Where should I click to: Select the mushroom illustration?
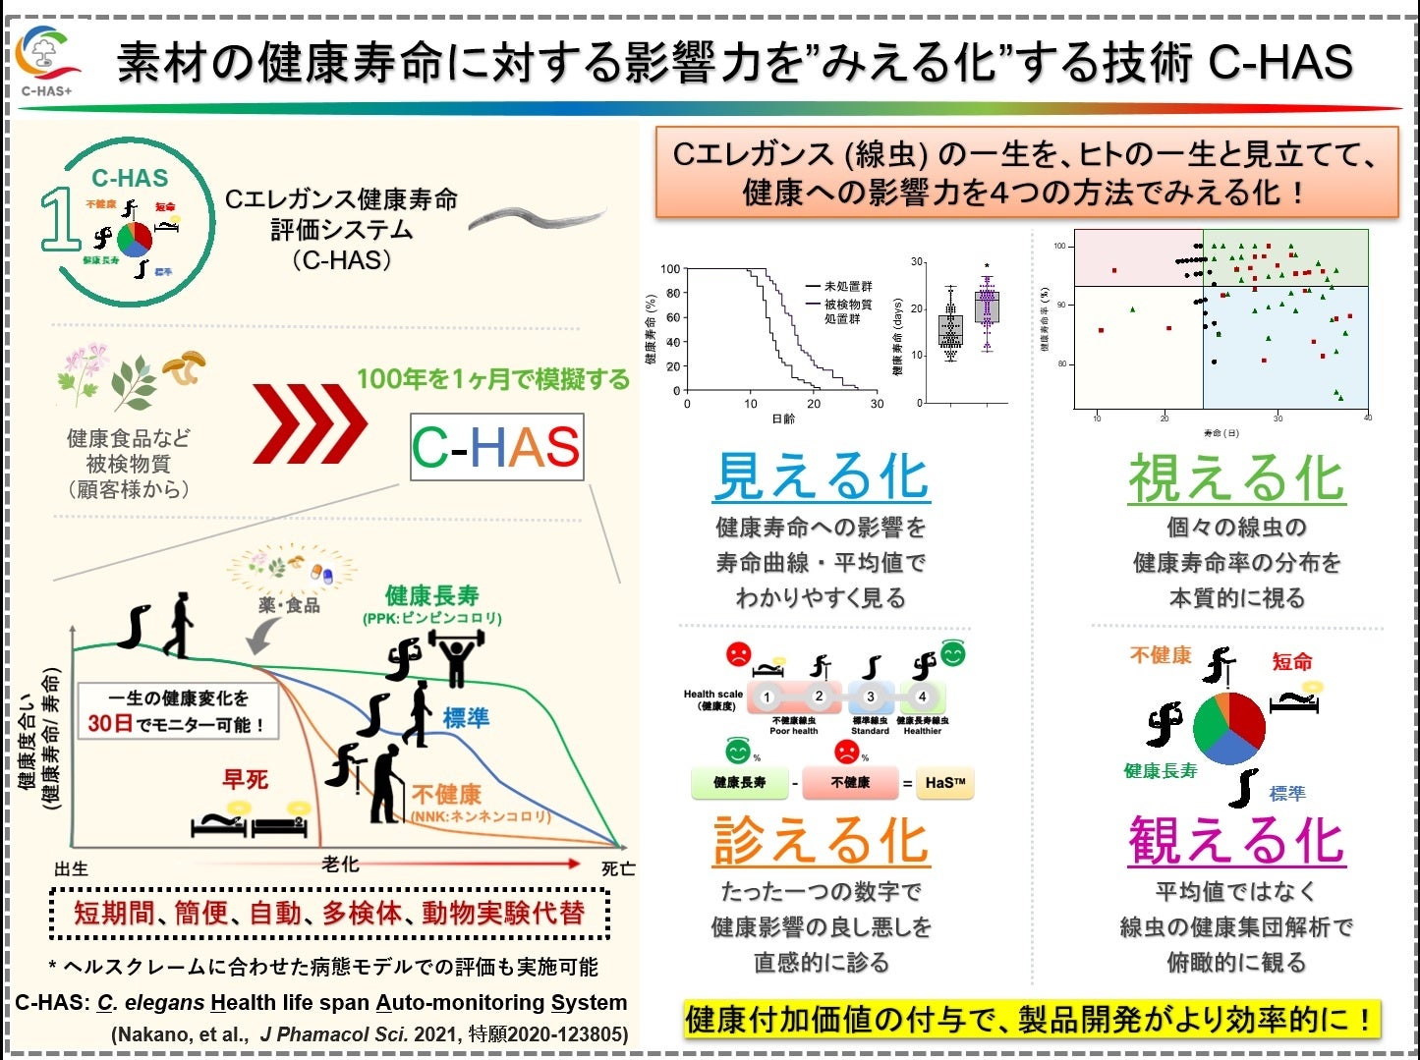(186, 366)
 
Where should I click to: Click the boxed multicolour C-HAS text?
(496, 447)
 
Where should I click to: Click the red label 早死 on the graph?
(245, 779)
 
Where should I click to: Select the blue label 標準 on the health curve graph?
(466, 717)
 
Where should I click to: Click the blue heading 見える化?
(821, 477)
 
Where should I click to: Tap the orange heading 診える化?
(821, 841)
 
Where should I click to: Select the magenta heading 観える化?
(1235, 841)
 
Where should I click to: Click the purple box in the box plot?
(987, 307)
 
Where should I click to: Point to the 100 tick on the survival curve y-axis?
(670, 269)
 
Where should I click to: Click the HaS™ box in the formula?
(944, 783)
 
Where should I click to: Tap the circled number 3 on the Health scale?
(870, 697)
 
